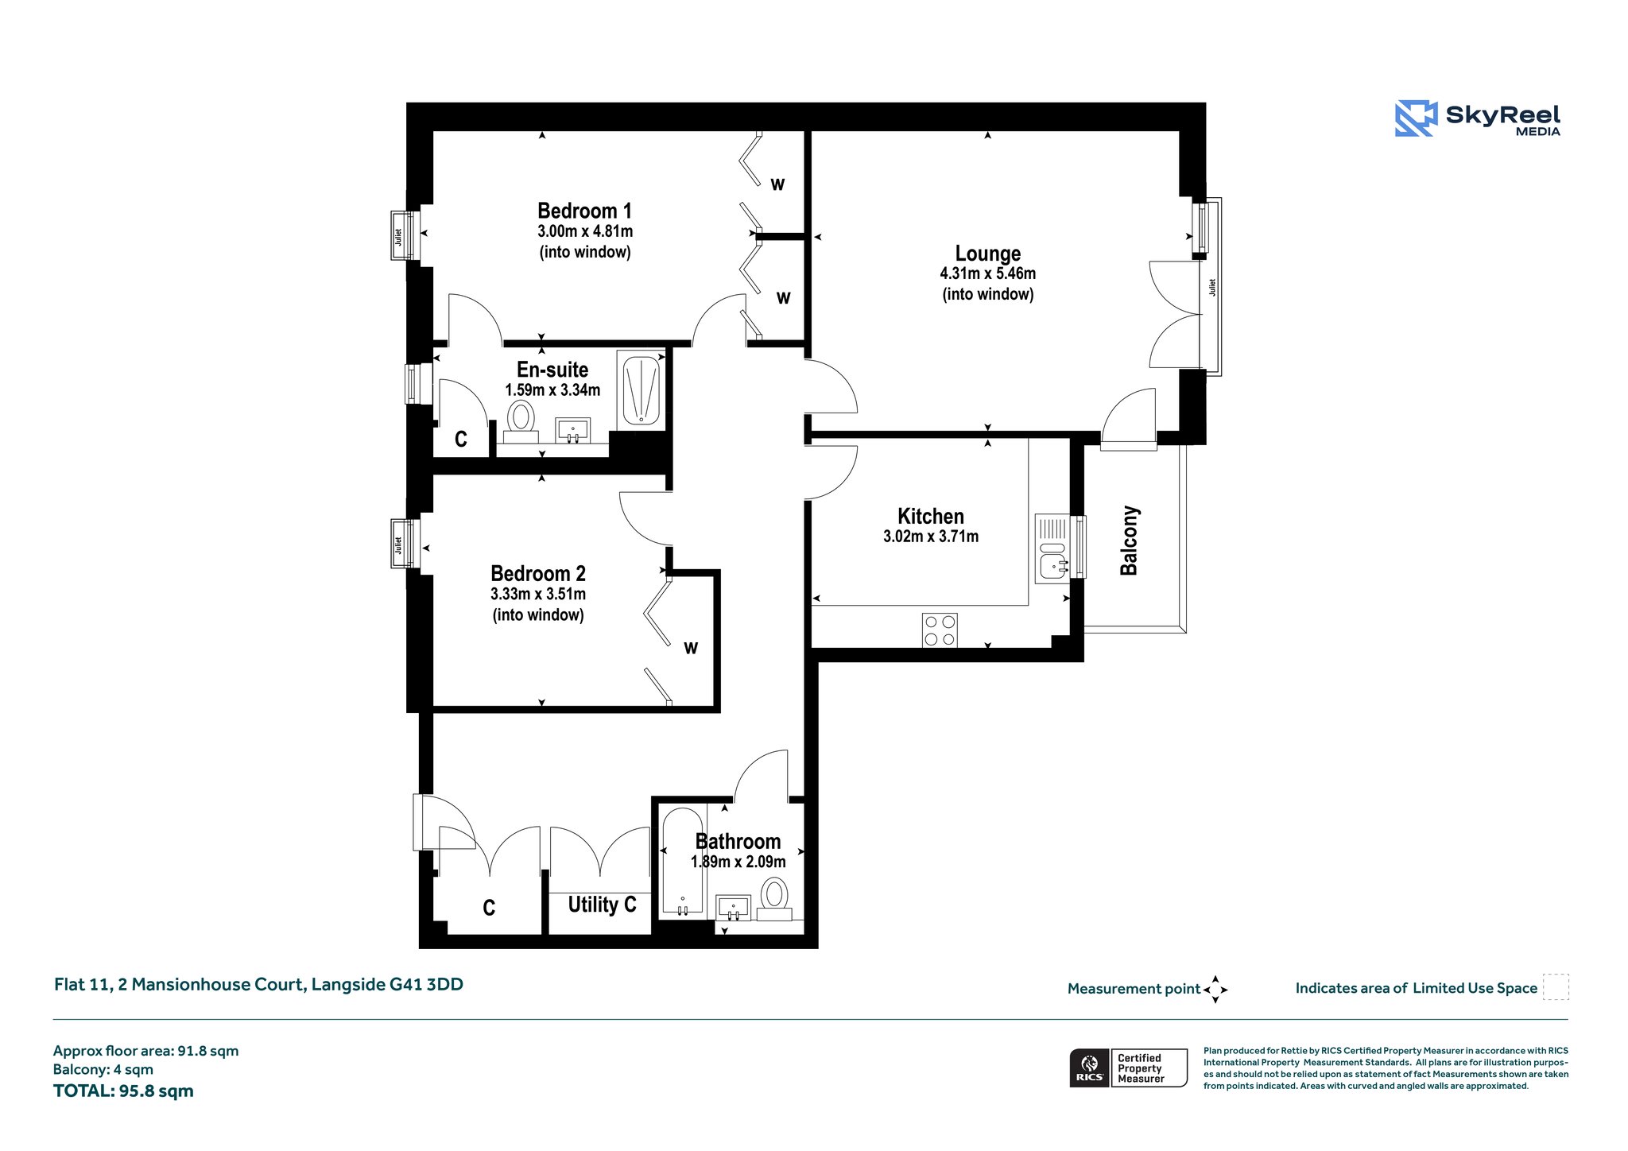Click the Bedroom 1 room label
coord(584,211)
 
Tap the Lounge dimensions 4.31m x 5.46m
coord(987,273)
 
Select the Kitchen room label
coord(930,516)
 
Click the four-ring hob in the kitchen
coord(940,630)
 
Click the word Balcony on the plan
coord(1129,541)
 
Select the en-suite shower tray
coord(641,389)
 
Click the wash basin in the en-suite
coord(572,430)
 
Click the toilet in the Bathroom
coord(774,899)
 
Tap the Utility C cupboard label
coord(602,905)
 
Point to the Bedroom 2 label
coord(538,573)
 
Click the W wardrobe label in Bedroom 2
coord(691,649)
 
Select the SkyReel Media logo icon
coord(1416,118)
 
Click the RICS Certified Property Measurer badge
coord(1128,1068)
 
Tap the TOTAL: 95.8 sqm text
coord(123,1091)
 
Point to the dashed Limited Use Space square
coord(1556,987)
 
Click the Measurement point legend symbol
coord(1215,990)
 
